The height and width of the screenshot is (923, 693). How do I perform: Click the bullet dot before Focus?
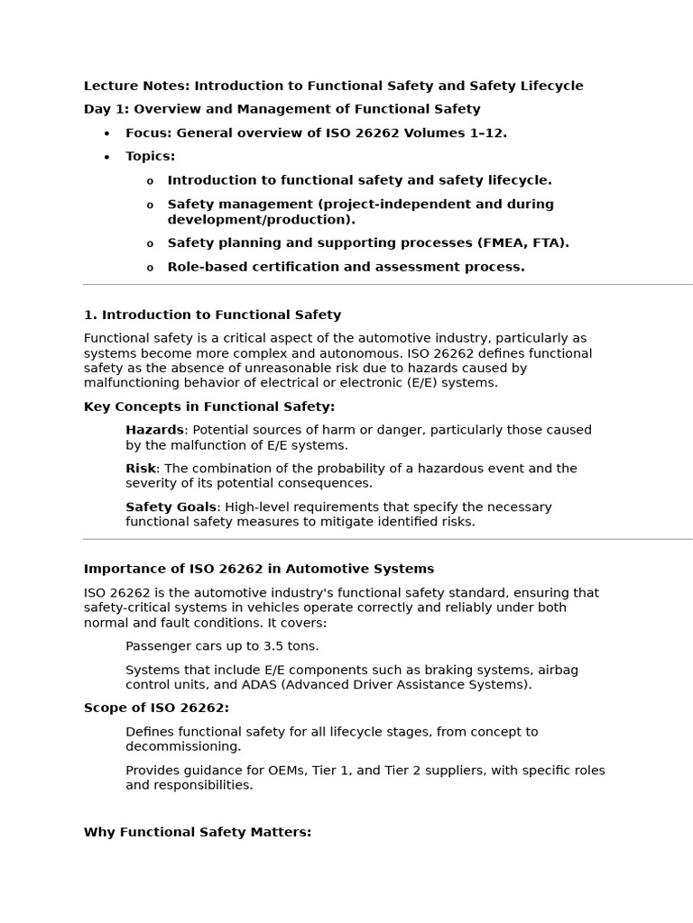tap(106, 134)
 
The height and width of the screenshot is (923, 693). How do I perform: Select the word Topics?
tap(150, 157)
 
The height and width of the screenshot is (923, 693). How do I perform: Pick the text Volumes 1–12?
tap(460, 133)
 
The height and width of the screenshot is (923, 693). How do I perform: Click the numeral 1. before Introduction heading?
tap(90, 315)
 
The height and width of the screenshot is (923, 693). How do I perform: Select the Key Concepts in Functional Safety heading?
tap(208, 407)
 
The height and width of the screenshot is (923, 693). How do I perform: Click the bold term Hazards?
tap(154, 431)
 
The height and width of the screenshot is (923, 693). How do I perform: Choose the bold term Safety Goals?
tap(171, 507)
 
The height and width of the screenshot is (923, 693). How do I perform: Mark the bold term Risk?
tap(141, 469)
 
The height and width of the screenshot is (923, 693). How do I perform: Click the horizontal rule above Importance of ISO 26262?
tap(388, 539)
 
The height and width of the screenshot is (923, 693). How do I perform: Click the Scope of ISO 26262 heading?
tap(156, 708)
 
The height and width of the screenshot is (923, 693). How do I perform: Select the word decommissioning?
tap(183, 746)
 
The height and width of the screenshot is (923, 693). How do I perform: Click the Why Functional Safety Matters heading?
tap(197, 833)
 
